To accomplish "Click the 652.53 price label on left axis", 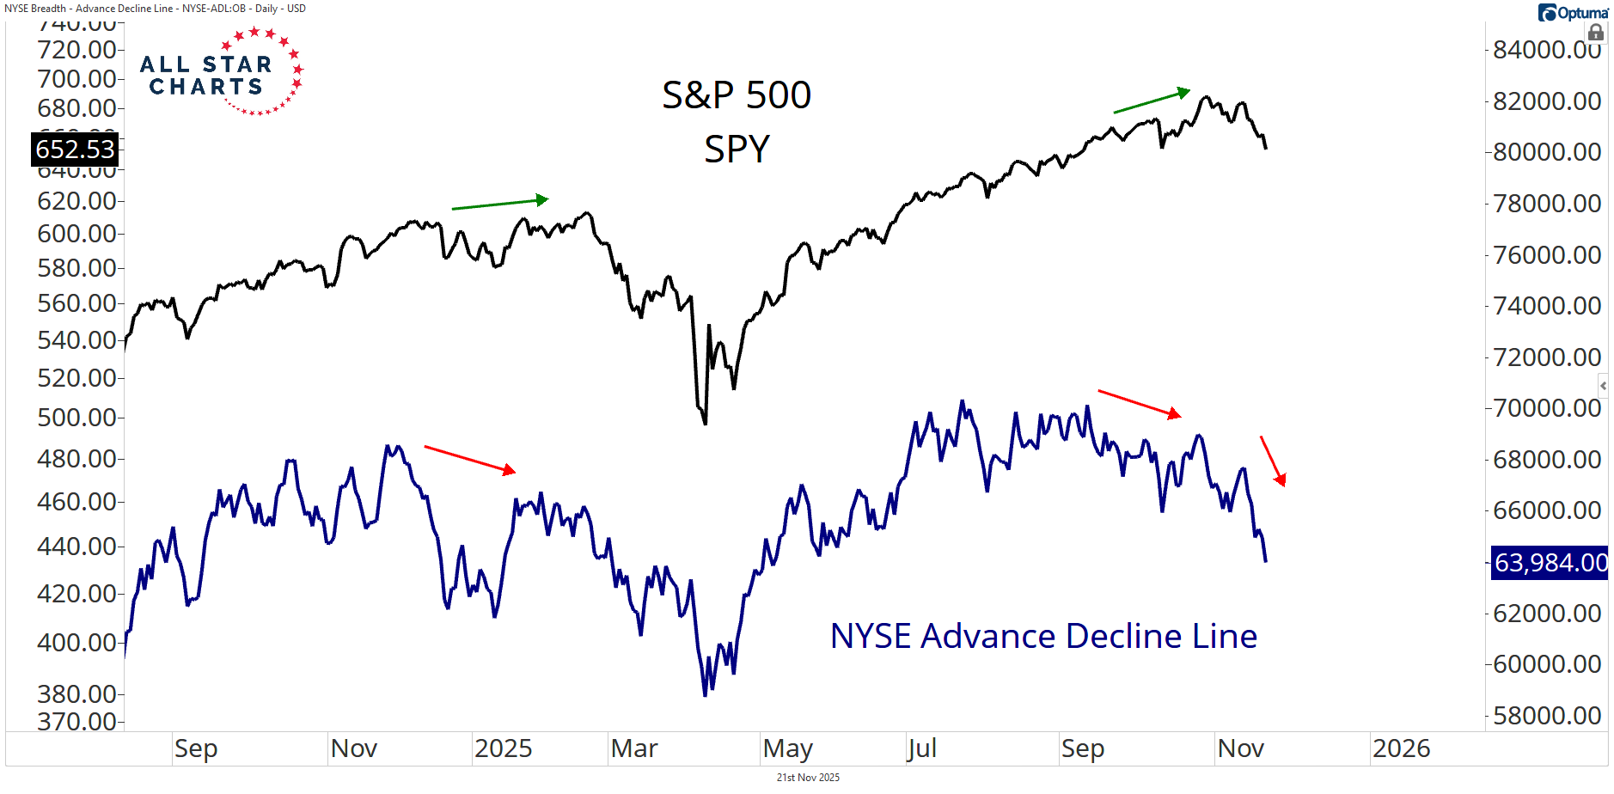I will [75, 150].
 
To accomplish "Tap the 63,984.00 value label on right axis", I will [1549, 563].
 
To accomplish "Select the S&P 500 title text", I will [736, 95].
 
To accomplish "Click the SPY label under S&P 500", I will [737, 150].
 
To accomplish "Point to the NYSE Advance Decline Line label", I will [1043, 637].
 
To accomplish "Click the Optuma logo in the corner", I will [1573, 13].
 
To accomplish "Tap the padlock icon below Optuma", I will [1595, 33].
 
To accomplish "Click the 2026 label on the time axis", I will [1401, 748].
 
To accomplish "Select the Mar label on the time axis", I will [634, 748].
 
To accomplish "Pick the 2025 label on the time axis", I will [503, 748].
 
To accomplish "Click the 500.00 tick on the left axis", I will [76, 418].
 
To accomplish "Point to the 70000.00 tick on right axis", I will [1546, 408].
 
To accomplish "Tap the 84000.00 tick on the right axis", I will [1546, 50].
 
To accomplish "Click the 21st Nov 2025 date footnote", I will [808, 778].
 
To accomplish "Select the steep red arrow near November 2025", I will [1273, 461].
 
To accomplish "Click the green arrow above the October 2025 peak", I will [1152, 101].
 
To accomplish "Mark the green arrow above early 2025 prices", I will [500, 204].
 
